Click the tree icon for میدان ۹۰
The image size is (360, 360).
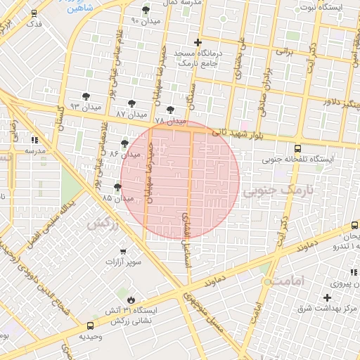pos(146,10)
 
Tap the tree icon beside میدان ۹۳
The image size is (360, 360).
pos(86,95)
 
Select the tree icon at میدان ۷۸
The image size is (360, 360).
pos(170,110)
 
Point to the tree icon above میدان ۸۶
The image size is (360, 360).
pos(124,143)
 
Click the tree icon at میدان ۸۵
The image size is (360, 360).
pos(117,187)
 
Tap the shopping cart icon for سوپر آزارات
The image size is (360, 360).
pos(123,251)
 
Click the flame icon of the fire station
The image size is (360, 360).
pos(129,299)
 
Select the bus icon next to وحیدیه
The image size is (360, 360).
pos(89,326)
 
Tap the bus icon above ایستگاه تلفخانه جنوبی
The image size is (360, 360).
pos(297,149)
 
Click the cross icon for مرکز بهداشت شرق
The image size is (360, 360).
pos(327,298)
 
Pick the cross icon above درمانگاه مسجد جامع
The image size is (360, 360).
pos(198,43)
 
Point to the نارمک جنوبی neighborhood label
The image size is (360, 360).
pos(276,191)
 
